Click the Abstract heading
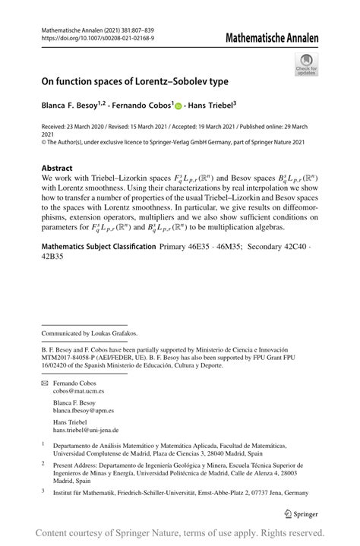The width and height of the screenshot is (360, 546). (x=58, y=168)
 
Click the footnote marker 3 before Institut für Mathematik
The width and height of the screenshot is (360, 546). (x=43, y=491)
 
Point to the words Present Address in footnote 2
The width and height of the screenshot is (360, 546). (x=78, y=462)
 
